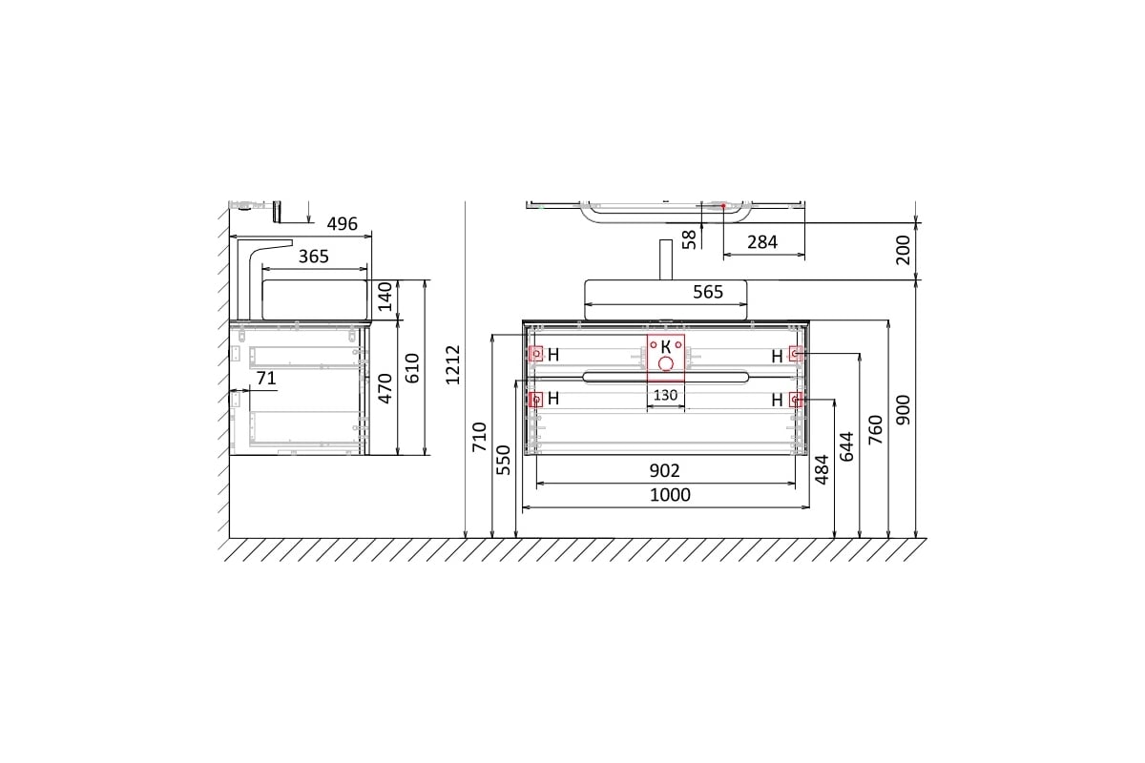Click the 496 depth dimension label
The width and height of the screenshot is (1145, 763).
point(342,224)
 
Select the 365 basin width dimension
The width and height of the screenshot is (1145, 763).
point(313,257)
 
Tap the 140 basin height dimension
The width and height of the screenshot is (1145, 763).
point(385,297)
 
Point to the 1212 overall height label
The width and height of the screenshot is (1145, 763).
point(453,364)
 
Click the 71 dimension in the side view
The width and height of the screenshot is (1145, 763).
point(266,379)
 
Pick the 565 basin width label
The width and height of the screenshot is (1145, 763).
point(708,292)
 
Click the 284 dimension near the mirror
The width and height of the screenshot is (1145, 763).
point(762,242)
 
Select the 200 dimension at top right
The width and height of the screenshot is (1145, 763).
point(904,250)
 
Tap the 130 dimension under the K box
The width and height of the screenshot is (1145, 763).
point(665,395)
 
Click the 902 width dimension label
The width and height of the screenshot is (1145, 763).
point(664,470)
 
